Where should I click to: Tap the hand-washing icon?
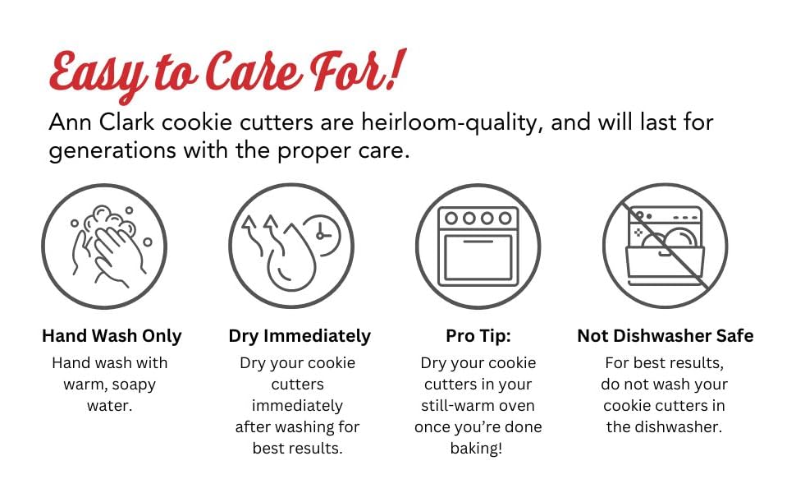coord(105,246)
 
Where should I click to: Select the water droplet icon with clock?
coord(291,246)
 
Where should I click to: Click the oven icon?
coord(478,246)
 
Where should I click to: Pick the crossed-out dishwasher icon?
coord(665,246)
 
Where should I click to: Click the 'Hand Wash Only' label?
coord(112,336)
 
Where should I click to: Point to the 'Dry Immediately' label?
coord(300,336)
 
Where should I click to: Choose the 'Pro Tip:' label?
coord(478,336)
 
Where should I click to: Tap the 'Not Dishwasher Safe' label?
coord(665,336)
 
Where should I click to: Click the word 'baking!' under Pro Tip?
coord(478,448)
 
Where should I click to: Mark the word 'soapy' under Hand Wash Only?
coord(135,384)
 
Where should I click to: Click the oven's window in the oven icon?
coord(478,256)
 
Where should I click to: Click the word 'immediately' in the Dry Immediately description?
coord(297,405)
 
